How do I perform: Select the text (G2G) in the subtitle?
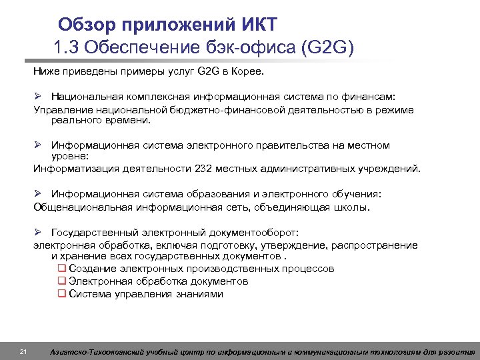(x=328, y=48)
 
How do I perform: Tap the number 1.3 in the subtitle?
(x=67, y=48)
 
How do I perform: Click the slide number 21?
(x=23, y=352)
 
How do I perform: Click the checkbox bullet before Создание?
(x=61, y=269)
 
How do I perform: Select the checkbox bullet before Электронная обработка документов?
(x=61, y=281)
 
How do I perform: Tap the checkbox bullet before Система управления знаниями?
(x=61, y=293)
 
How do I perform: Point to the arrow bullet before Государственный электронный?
(x=39, y=233)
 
